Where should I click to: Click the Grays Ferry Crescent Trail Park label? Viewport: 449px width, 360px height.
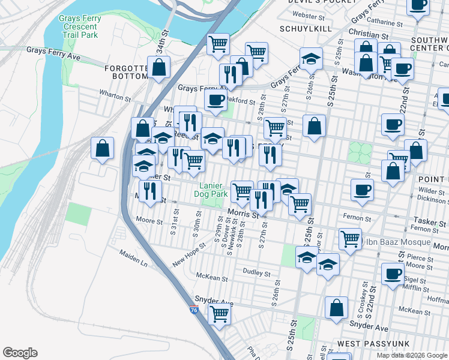coord(80,27)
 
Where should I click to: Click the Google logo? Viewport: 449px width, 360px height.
coord(20,353)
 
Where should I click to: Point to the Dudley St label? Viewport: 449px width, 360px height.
coord(257,272)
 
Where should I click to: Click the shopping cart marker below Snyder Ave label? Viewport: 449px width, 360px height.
coord(220,313)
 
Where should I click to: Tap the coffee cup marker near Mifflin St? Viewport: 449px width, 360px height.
coord(393,274)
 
